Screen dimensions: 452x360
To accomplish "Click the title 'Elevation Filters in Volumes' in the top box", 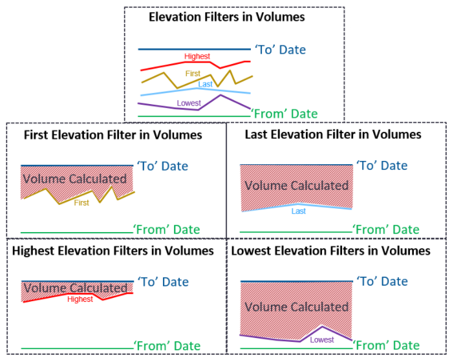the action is pos(226,17).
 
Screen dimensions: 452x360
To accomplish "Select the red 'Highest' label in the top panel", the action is pos(197,56).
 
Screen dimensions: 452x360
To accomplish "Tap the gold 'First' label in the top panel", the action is pos(193,74).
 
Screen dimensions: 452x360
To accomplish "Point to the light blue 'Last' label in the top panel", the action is pos(205,84).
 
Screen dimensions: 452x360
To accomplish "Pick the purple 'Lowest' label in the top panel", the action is pos(189,103).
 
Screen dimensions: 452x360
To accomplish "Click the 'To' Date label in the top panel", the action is pos(280,50).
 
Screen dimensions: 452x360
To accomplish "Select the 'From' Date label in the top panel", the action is pos(285,114).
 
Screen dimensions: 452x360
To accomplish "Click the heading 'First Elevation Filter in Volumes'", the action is pos(113,135).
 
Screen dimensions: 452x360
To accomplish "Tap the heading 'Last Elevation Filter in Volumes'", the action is pos(333,134).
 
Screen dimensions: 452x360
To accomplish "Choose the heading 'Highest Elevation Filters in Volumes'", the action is pos(113,251).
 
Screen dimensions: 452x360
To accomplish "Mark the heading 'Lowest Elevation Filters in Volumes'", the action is pos(330,251).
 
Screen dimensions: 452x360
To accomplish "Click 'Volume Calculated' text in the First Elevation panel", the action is pos(74,179).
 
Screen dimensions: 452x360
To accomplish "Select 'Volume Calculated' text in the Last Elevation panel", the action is pos(297,185).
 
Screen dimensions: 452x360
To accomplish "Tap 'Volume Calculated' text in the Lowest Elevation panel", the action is pos(297,306).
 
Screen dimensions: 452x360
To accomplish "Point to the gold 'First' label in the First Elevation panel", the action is pos(81,203).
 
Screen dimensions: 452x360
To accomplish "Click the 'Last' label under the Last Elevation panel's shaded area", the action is pos(298,211).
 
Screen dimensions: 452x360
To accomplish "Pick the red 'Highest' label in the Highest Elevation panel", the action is pos(80,299).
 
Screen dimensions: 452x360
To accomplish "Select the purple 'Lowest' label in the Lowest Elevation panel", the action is pos(322,340).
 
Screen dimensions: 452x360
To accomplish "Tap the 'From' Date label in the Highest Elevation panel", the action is pos(167,346).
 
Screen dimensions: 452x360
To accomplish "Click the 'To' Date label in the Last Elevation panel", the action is pos(382,165).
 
